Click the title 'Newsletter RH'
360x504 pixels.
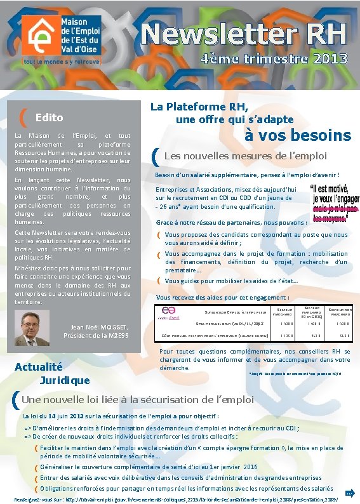(x=244, y=33)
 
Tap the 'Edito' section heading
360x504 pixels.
(x=49, y=117)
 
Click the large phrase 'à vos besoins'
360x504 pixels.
(x=298, y=135)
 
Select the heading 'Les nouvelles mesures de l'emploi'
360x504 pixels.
(x=245, y=156)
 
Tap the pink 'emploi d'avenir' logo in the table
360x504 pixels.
(x=170, y=312)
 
